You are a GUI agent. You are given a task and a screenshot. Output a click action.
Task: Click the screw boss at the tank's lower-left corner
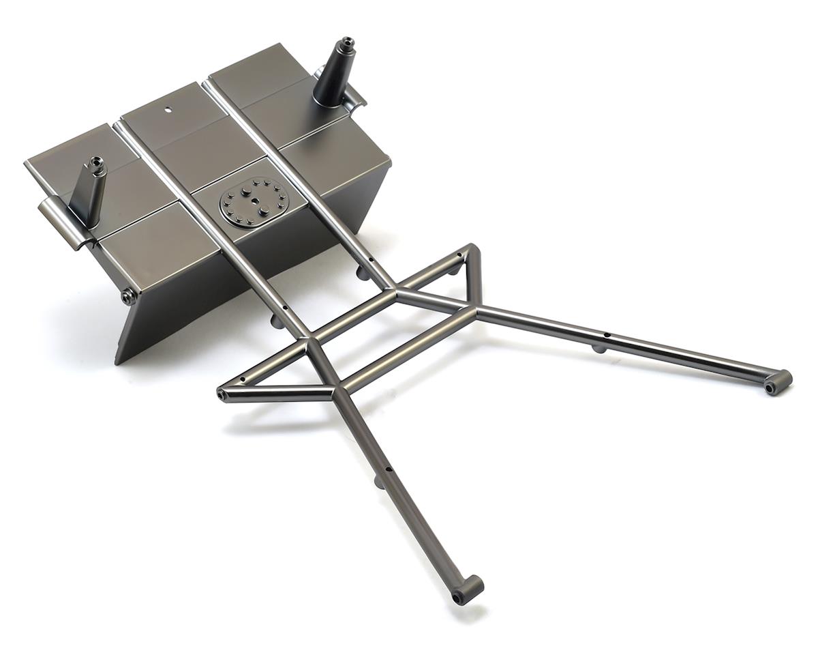click(x=127, y=296)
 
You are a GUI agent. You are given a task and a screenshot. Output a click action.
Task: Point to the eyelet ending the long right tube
click(x=778, y=382)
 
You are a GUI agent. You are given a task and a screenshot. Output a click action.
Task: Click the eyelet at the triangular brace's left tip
click(x=224, y=394)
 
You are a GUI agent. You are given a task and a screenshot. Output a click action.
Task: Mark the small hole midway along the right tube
click(x=607, y=335)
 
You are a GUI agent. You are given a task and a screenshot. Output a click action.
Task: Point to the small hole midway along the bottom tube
click(x=389, y=470)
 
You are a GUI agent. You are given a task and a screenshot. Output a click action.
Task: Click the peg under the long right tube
click(x=598, y=349)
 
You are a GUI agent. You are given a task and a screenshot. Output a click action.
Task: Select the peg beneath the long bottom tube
click(x=379, y=482)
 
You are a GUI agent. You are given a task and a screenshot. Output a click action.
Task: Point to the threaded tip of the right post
click(x=347, y=43)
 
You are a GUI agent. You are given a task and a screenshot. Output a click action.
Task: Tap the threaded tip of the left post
click(x=97, y=162)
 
